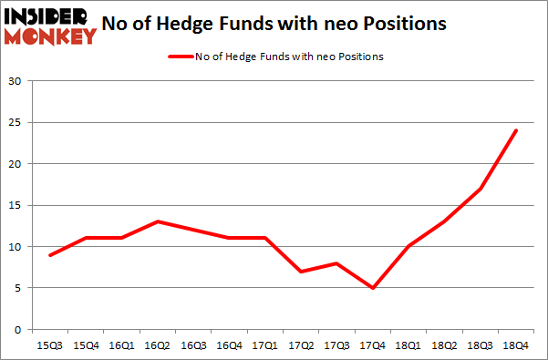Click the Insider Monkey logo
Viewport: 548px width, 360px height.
50,26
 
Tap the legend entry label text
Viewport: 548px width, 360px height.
289,57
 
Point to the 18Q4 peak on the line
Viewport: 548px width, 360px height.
516,130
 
